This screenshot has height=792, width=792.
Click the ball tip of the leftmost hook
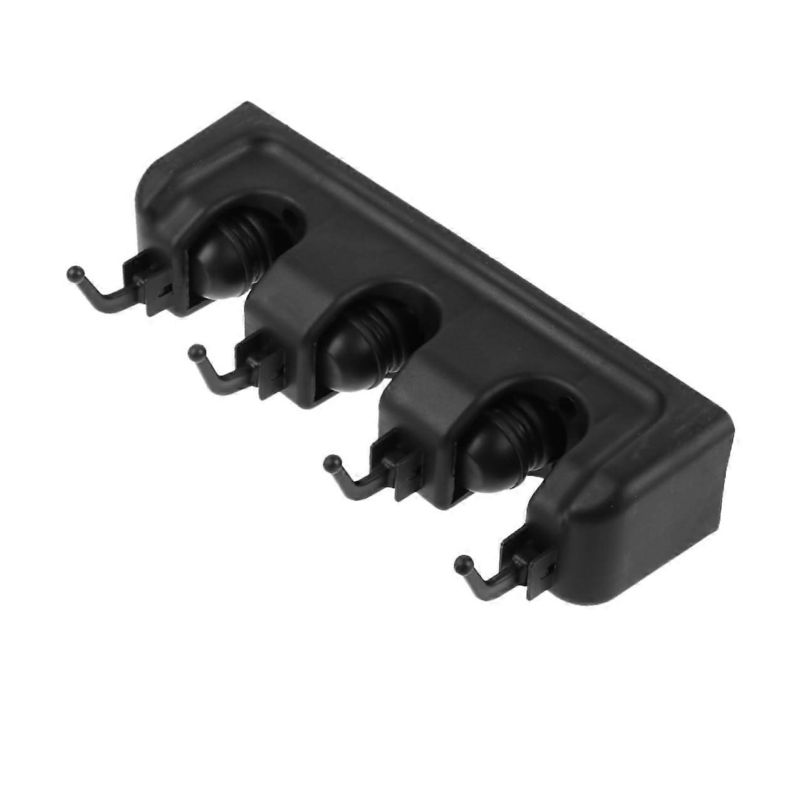point(75,273)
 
